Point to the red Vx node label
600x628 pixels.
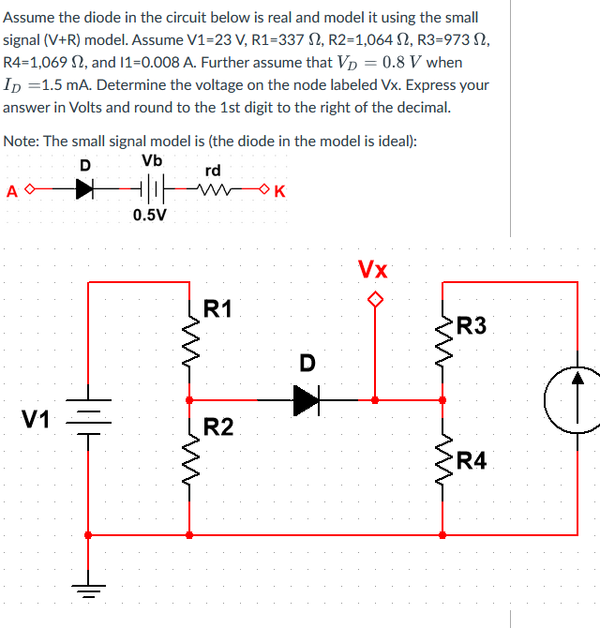pos(373,270)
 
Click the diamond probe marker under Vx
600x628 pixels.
pos(375,300)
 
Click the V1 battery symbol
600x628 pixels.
pos(88,419)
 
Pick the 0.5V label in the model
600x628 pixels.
pos(150,215)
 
